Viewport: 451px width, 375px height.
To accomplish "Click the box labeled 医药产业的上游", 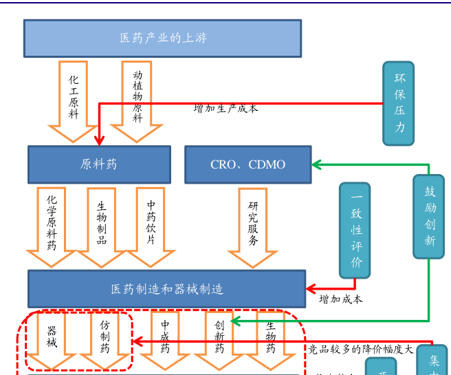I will click(162, 38).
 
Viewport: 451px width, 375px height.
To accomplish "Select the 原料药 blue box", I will click(99, 164).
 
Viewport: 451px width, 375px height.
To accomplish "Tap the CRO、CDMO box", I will click(247, 164).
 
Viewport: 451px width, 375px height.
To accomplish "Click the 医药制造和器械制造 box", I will click(166, 289).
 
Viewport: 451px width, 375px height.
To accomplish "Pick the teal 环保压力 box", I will click(399, 103).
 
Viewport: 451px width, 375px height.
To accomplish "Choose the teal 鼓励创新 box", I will click(429, 216).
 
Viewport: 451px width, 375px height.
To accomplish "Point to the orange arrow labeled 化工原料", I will click(74, 96).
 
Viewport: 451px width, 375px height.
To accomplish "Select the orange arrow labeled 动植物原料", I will click(137, 96).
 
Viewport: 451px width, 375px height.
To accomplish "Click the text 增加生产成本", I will click(226, 109).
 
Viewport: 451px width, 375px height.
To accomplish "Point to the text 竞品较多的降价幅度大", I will click(361, 349).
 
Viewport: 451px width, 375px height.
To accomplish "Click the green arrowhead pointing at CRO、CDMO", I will click(317, 164).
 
